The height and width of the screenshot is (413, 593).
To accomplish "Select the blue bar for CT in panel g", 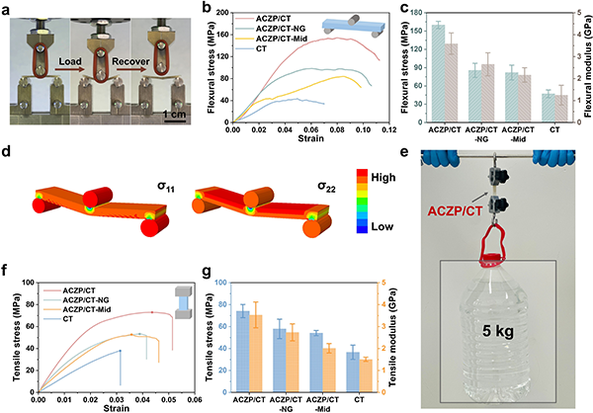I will pyautogui.click(x=354, y=369).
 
